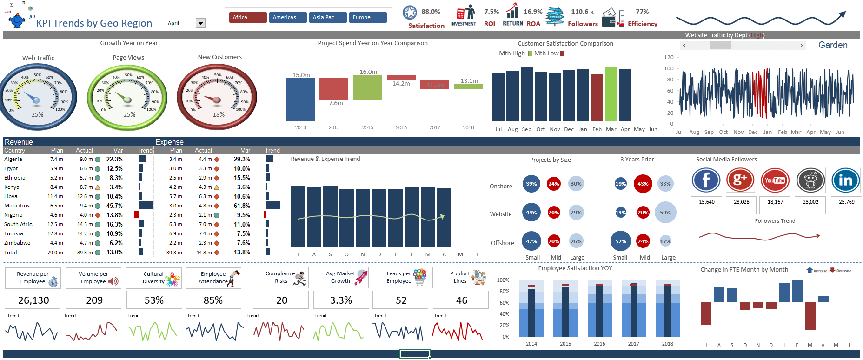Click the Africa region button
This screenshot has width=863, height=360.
click(248, 17)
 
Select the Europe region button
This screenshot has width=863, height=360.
click(367, 17)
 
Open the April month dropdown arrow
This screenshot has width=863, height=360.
click(201, 23)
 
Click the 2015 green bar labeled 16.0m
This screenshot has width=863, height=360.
click(367, 87)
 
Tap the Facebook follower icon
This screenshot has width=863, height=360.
click(706, 180)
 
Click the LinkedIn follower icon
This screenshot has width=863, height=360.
click(845, 180)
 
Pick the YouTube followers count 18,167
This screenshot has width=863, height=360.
click(775, 202)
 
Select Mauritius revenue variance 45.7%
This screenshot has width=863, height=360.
click(114, 206)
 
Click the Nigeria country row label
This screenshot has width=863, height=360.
click(13, 215)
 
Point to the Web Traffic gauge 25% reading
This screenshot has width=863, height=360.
click(37, 114)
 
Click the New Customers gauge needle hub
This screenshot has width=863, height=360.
click(216, 100)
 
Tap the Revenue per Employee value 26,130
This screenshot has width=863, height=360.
click(33, 300)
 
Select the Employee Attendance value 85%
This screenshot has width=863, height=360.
click(213, 300)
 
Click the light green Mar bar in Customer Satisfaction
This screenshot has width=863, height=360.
click(611, 94)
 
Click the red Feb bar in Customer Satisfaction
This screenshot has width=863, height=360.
click(597, 98)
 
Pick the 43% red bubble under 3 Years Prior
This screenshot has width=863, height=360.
click(643, 184)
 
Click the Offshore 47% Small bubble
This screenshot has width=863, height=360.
click(531, 241)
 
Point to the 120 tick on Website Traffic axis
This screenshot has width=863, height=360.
click(669, 57)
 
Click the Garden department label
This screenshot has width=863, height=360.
click(832, 45)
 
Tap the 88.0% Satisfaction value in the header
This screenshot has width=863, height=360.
click(431, 12)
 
